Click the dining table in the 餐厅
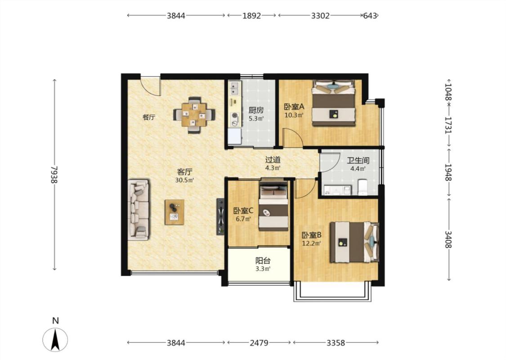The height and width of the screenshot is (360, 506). tap(194, 114)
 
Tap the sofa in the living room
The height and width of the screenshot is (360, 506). tap(139, 210)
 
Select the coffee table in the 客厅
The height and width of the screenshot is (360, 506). tap(174, 212)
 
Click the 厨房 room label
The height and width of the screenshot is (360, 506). tap(256, 110)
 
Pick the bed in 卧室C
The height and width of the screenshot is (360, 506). tap(273, 206)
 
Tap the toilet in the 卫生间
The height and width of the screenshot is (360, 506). tap(363, 188)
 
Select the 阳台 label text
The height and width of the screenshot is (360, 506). tap(263, 261)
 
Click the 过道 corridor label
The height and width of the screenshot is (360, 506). tap(273, 160)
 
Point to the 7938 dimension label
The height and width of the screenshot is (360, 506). tap(54, 175)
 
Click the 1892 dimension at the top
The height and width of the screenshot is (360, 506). tap(251, 15)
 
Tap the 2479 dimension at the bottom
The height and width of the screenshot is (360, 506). tap(259, 342)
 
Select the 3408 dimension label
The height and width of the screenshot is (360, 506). tap(448, 239)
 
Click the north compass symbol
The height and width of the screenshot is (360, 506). tap(55, 339)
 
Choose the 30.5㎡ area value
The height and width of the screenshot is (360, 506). tap(184, 180)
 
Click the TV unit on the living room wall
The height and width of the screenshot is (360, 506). tap(220, 216)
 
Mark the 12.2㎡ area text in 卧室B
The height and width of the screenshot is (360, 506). tap(311, 243)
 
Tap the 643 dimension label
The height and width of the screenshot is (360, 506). tap(370, 15)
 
